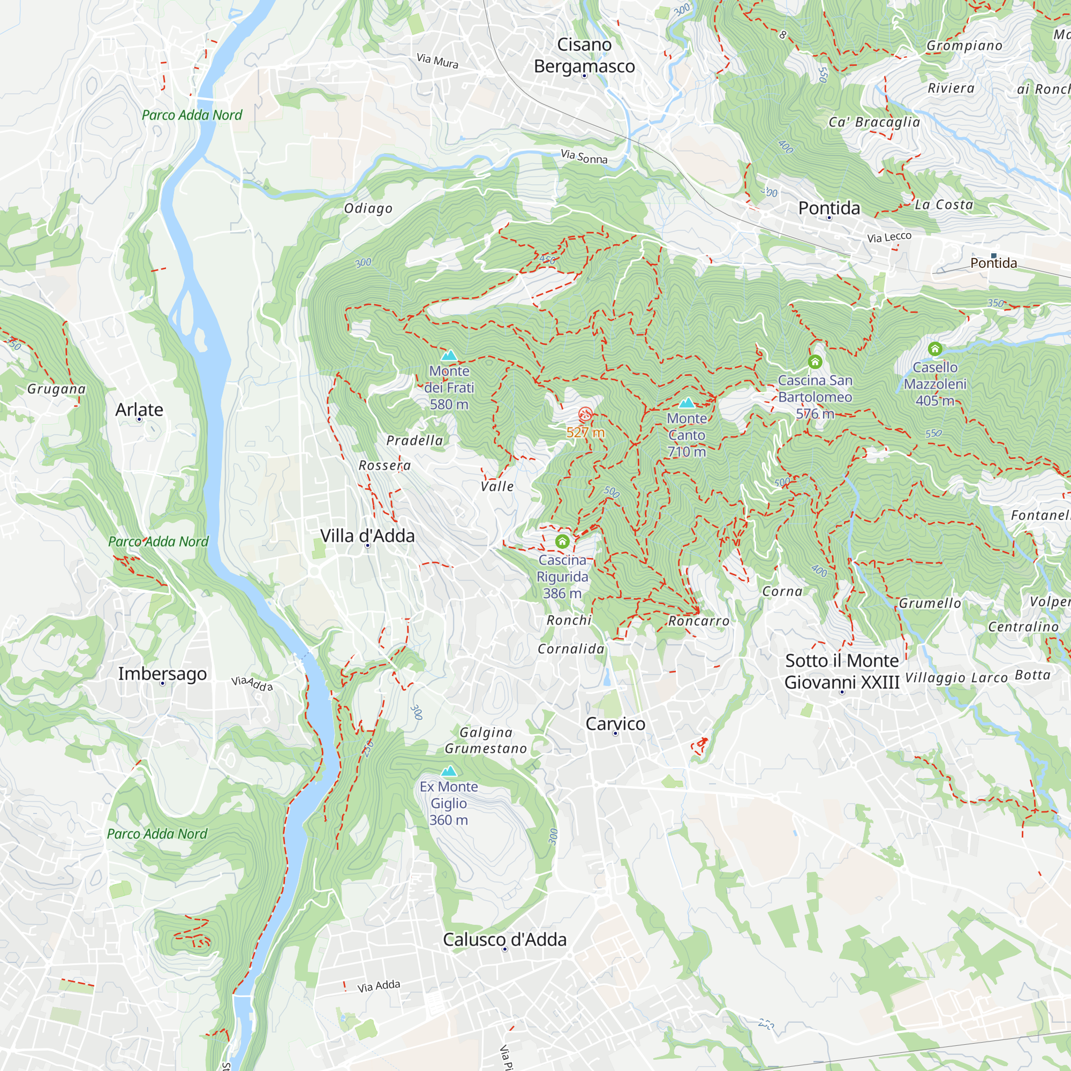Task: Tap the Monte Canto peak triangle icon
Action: pyautogui.click(x=687, y=403)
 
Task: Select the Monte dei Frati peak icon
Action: pyautogui.click(x=449, y=356)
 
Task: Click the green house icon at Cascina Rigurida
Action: pyautogui.click(x=562, y=541)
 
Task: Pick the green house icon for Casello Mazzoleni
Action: pyautogui.click(x=934, y=349)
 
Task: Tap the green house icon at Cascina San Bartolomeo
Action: pyautogui.click(x=814, y=362)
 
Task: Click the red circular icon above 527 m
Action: pyautogui.click(x=585, y=413)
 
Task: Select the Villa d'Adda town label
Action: pyautogui.click(x=367, y=535)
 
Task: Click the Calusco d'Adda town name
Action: pyautogui.click(x=504, y=939)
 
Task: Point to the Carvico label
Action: pyautogui.click(x=615, y=723)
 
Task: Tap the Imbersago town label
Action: pyautogui.click(x=162, y=674)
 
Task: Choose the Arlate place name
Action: pyautogui.click(x=139, y=410)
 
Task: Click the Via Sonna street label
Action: pyautogui.click(x=584, y=157)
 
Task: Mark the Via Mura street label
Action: pyautogui.click(x=438, y=61)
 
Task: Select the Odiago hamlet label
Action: pyautogui.click(x=368, y=208)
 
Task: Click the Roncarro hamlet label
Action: pyautogui.click(x=698, y=621)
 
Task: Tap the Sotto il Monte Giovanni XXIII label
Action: pyautogui.click(x=841, y=672)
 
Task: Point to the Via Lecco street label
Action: pyautogui.click(x=888, y=237)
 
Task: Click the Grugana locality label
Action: pyautogui.click(x=57, y=389)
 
